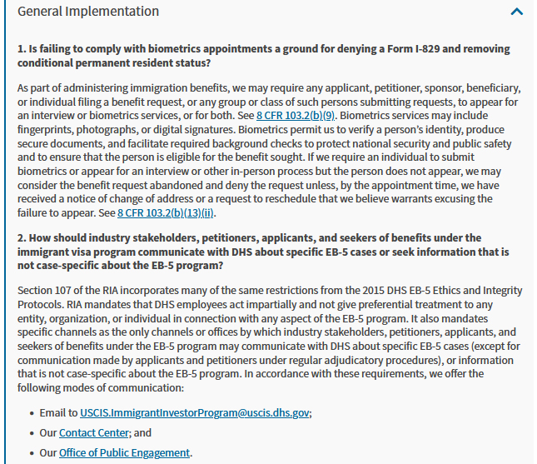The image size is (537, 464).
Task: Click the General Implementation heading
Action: click(88, 12)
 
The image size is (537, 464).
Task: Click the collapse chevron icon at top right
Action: click(516, 12)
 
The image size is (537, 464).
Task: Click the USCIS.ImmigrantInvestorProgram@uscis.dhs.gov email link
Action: click(195, 412)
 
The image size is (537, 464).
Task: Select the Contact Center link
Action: click(94, 433)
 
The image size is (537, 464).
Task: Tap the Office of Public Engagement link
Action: click(124, 453)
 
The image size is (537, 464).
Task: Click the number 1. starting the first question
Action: click(22, 50)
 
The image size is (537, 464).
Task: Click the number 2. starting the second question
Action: click(22, 238)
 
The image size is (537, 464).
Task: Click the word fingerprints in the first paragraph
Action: click(47, 130)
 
